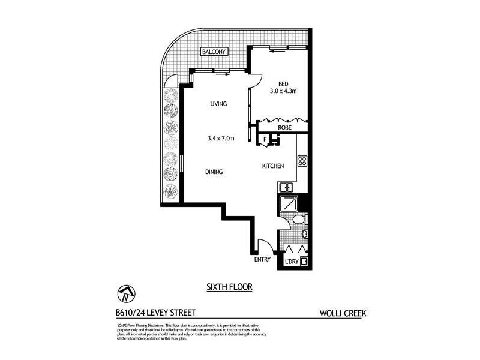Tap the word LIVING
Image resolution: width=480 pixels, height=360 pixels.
[218, 104]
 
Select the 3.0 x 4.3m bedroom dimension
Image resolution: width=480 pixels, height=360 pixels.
[284, 91]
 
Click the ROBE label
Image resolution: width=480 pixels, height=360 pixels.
[284, 127]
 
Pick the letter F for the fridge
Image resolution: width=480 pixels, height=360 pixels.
[265, 140]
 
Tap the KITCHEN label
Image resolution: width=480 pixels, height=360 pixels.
[272, 166]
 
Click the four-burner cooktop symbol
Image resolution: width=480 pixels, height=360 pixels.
[302, 161]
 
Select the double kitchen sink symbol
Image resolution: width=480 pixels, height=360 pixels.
[285, 187]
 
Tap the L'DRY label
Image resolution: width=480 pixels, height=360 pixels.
[292, 261]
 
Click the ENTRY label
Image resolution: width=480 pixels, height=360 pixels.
[263, 260]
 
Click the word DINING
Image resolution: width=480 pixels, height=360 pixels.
[214, 172]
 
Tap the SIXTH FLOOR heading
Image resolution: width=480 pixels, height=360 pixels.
[229, 287]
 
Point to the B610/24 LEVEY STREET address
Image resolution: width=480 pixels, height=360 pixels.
[155, 313]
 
